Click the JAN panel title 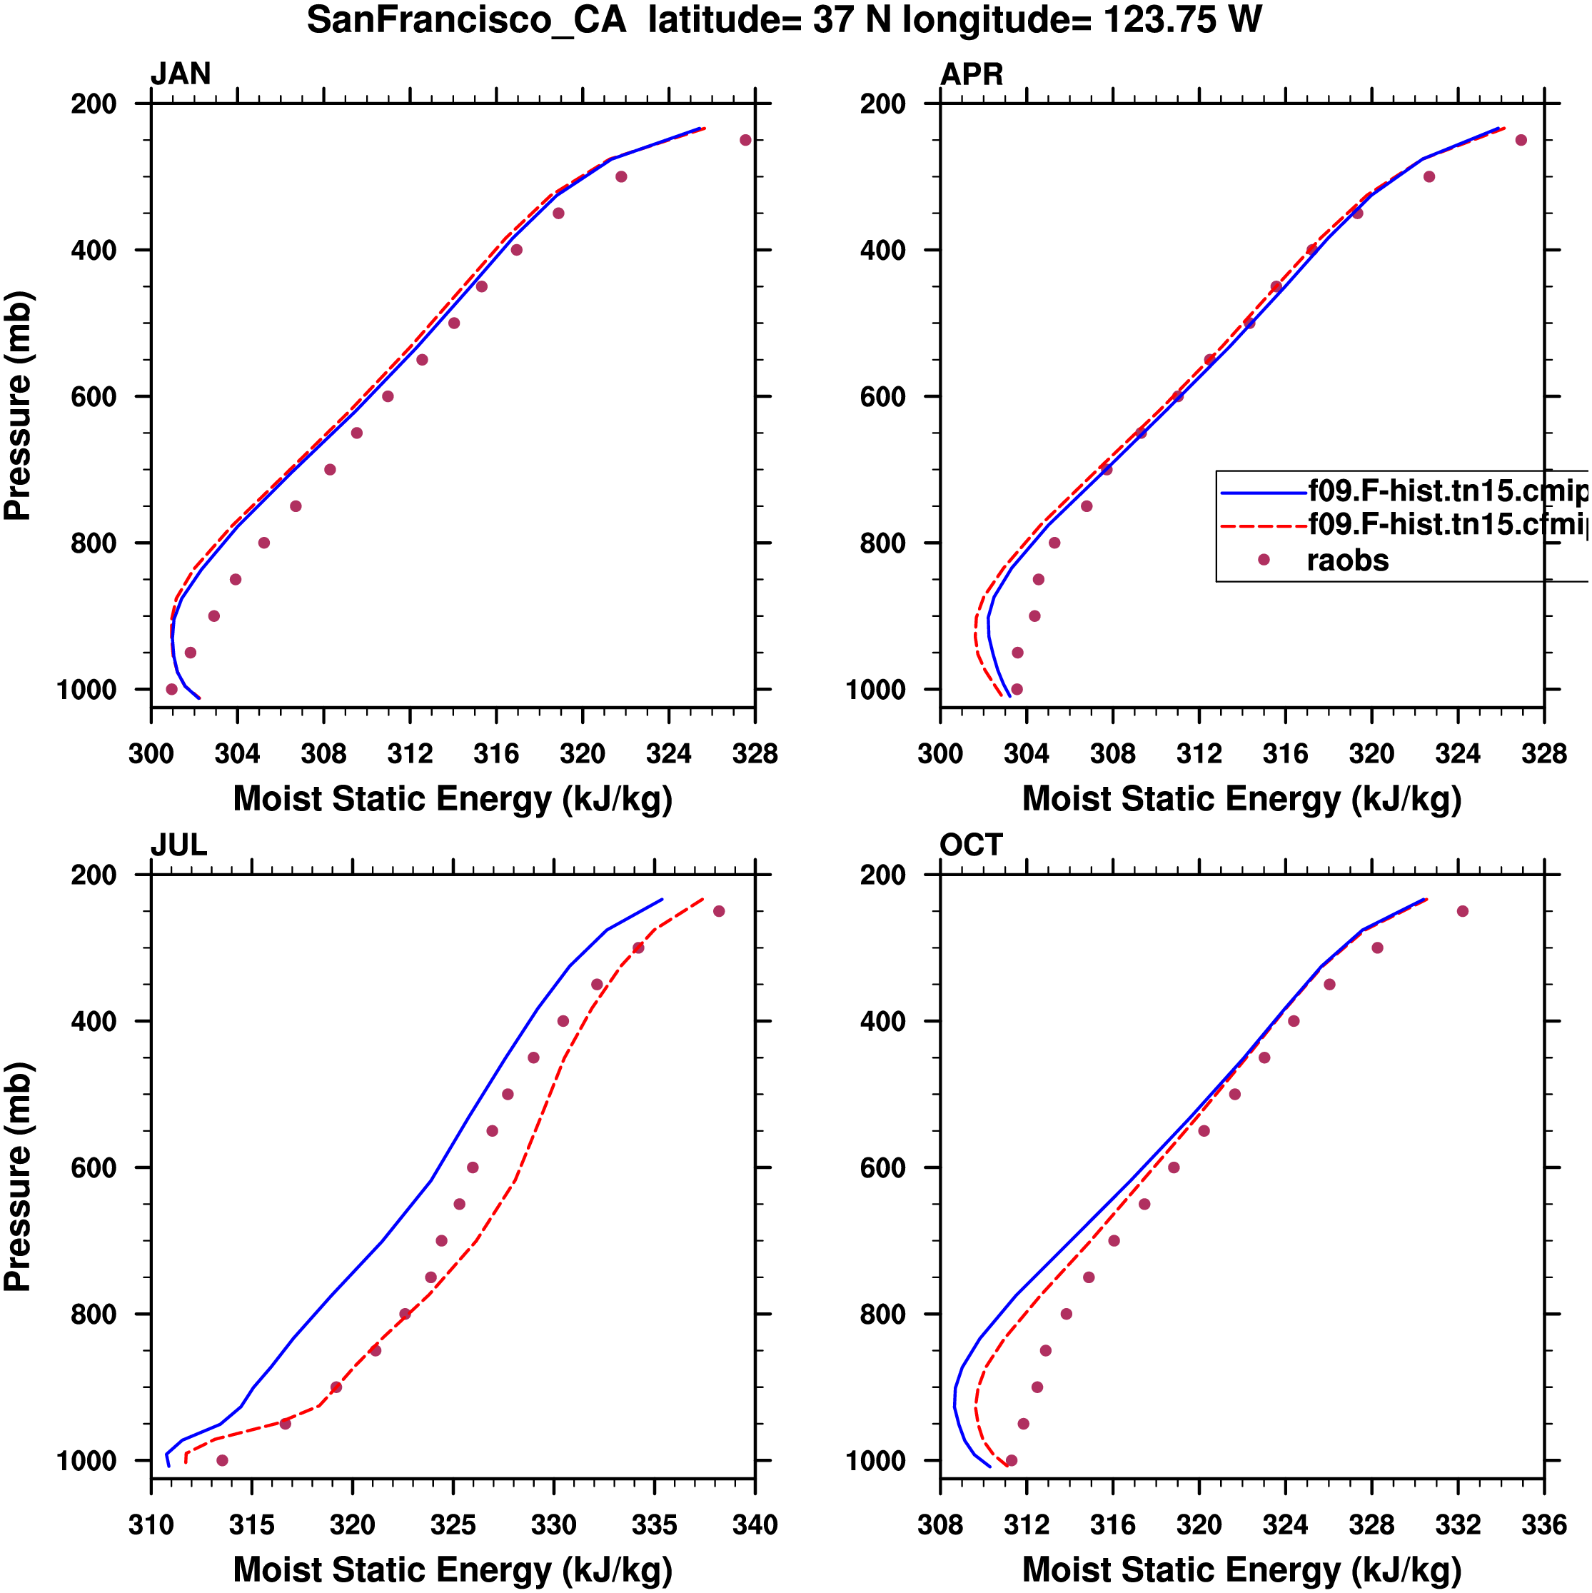(x=181, y=74)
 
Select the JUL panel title (x=178, y=845)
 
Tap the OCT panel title (x=970, y=845)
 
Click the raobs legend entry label (x=1347, y=561)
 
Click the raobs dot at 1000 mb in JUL (x=222, y=1460)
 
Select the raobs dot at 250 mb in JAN (x=745, y=140)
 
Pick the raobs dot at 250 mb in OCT (x=1463, y=911)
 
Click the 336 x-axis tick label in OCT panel (x=1543, y=1524)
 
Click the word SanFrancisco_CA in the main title (x=467, y=20)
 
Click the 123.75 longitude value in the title (x=1159, y=20)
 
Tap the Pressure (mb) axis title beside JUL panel (x=18, y=1177)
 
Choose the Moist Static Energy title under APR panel (x=1241, y=799)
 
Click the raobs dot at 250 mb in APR (x=1521, y=140)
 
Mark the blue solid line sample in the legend (x=1263, y=493)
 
